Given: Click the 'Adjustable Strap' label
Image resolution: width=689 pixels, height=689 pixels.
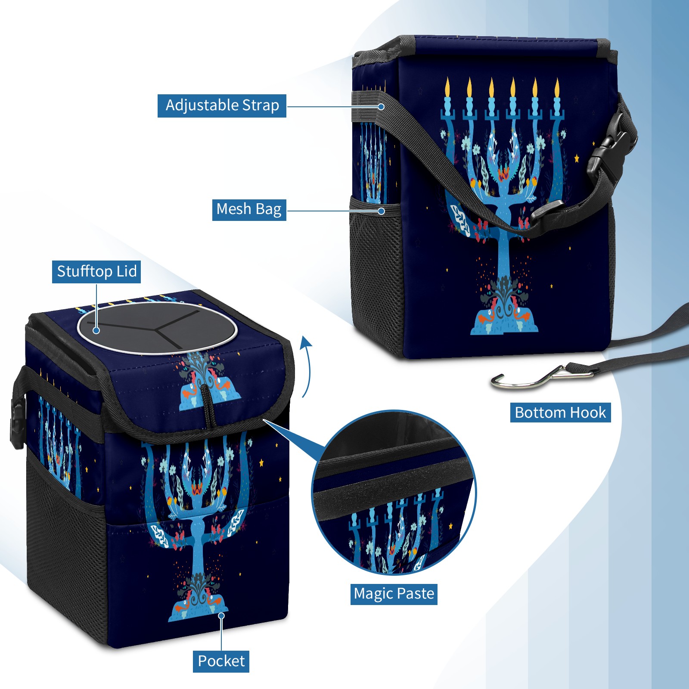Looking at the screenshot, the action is click(222, 106).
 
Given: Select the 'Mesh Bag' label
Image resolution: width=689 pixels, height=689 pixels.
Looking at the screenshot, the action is click(249, 209).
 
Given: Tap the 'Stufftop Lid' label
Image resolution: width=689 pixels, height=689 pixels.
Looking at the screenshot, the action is click(96, 272).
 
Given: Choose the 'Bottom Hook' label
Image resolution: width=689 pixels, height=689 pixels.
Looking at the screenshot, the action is click(560, 413).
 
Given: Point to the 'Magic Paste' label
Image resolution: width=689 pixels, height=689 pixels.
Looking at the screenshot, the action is click(394, 594).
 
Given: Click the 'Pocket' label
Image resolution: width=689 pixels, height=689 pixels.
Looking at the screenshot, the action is click(221, 661).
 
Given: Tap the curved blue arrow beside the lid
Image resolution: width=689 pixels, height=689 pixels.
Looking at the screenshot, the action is click(306, 366).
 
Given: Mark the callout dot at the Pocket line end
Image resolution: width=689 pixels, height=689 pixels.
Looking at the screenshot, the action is click(221, 615).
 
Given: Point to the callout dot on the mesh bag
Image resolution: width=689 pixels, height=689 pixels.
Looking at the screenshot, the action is click(381, 211).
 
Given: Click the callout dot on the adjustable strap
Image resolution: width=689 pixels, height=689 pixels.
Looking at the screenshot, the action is click(381, 106).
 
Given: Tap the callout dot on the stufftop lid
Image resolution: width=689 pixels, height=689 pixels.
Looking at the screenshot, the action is click(96, 330).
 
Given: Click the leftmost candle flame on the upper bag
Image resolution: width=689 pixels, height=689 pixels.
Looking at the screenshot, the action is click(447, 87).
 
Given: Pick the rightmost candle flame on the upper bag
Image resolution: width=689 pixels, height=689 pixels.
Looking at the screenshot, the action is click(557, 87).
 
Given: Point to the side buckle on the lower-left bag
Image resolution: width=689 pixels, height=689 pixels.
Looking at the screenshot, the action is click(17, 424).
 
